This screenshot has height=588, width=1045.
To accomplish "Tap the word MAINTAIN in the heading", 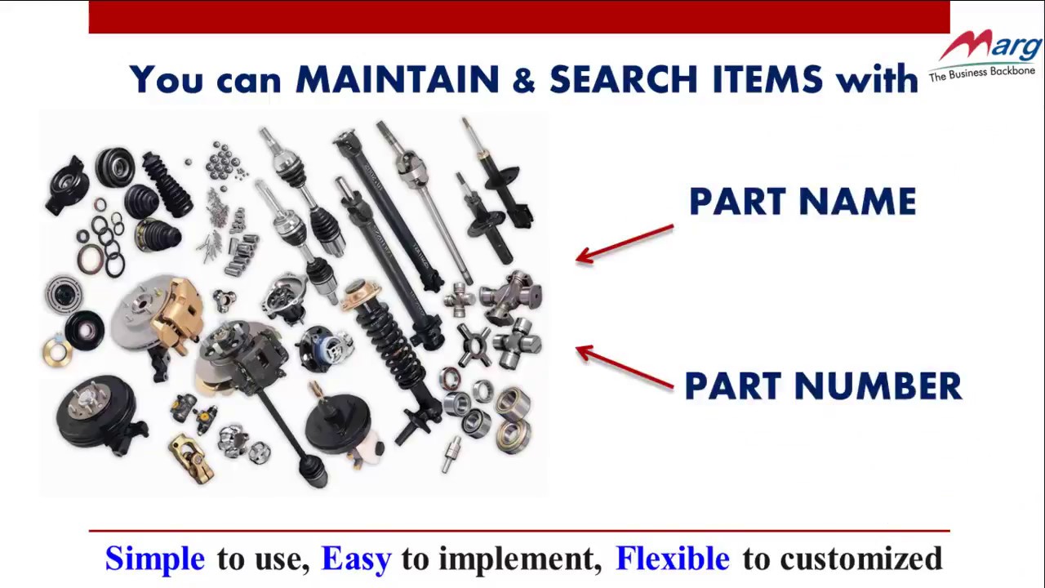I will (x=397, y=80).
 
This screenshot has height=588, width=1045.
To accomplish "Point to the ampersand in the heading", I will (x=523, y=80).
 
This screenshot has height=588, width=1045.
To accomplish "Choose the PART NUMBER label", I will (x=823, y=386).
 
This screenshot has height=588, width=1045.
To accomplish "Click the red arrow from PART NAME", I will (x=625, y=243).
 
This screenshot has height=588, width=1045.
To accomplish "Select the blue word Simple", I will (x=155, y=559).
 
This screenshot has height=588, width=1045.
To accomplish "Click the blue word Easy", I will (x=356, y=559).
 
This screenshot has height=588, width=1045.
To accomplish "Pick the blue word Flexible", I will (x=672, y=559).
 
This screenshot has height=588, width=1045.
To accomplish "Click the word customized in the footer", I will (x=860, y=559).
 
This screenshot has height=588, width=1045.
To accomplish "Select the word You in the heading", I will (x=165, y=80).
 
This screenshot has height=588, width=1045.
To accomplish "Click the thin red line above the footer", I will (x=519, y=532).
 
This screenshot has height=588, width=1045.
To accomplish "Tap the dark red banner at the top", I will (x=519, y=16).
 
